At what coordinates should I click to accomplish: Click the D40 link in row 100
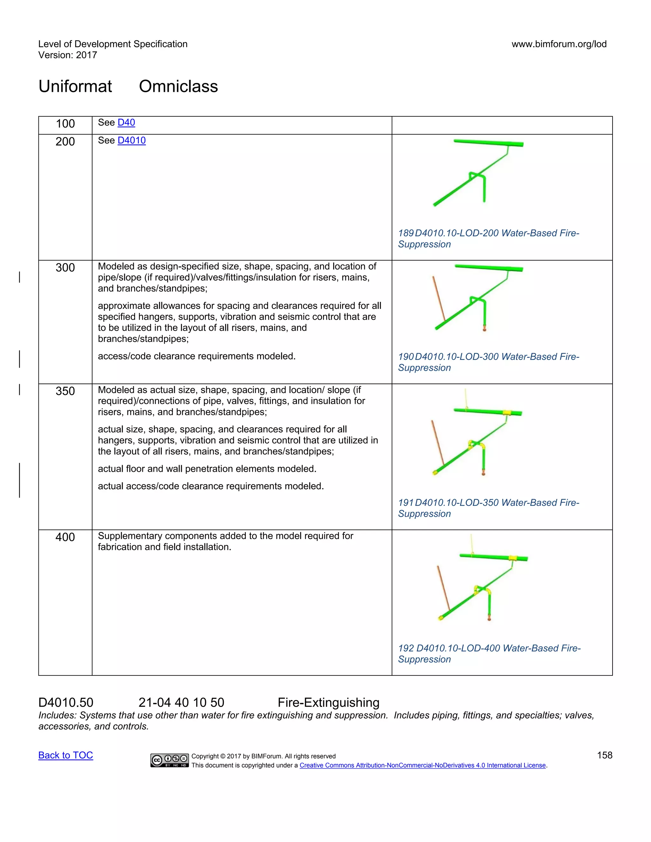pos(126,123)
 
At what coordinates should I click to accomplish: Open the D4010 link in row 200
pos(132,140)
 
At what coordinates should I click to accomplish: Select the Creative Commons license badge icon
pos(169,760)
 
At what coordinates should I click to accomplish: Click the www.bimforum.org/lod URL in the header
pos(559,44)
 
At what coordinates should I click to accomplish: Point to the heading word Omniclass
pos(178,86)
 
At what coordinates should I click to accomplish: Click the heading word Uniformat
pos(75,86)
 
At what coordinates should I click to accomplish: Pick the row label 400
pos(65,537)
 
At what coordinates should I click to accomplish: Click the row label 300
pos(65,268)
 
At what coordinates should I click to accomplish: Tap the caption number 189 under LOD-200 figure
pos(406,233)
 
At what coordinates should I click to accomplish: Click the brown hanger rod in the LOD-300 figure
pos(439,299)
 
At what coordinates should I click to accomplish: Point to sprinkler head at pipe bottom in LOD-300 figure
pos(484,329)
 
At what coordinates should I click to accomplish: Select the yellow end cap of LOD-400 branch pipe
pos(441,618)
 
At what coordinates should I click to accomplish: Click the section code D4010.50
pos(66,703)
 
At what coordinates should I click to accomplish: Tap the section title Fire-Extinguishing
pos(329,703)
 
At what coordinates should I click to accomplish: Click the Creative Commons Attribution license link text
pos(423,765)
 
